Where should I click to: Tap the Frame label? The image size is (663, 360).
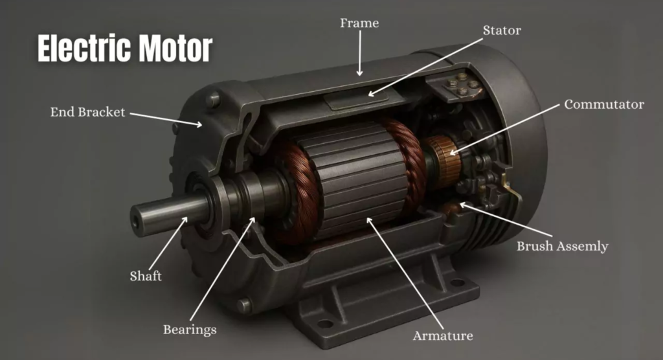(359, 23)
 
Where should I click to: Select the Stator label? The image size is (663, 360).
(501, 30)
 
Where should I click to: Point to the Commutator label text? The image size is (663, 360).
(604, 104)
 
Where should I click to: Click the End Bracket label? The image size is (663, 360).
(87, 112)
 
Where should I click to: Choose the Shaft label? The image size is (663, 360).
(145, 276)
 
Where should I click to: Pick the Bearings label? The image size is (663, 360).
(189, 330)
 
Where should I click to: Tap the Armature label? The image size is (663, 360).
(443, 335)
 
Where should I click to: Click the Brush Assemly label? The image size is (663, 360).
(562, 246)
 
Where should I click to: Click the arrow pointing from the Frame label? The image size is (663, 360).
(360, 55)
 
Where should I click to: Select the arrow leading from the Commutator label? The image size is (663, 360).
(505, 128)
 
